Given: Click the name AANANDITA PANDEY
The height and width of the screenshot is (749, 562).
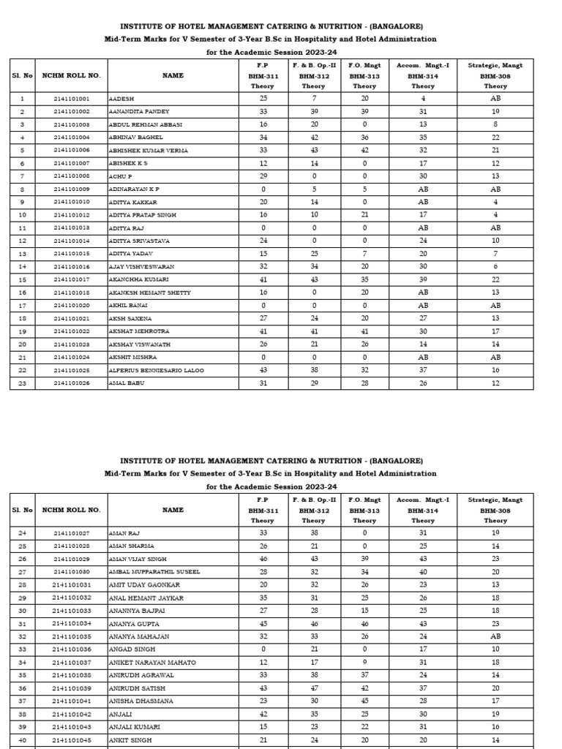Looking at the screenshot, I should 139,111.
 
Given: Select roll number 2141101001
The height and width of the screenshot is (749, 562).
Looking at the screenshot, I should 71,98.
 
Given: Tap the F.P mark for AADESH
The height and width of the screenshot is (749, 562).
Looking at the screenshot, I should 263,98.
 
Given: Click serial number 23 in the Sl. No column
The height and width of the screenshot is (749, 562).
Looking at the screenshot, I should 22,383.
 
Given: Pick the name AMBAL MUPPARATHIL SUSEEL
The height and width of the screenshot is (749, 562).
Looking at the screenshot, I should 154,571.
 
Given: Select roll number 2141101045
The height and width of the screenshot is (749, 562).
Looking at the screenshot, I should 71,739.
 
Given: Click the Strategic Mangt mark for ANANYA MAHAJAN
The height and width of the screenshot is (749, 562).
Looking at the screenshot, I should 495,636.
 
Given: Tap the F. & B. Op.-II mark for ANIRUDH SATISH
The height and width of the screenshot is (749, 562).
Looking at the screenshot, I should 313,688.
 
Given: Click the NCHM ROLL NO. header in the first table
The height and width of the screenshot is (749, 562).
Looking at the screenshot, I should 71,75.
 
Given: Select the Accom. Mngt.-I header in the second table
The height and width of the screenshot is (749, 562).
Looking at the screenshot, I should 423,500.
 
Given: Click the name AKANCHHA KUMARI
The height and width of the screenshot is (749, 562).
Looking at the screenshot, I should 138,279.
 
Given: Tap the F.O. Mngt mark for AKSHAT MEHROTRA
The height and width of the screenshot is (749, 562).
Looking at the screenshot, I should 365,331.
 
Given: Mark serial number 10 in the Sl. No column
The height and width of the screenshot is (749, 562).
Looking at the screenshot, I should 22,215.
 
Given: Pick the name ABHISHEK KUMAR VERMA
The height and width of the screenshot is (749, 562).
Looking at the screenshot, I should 148,150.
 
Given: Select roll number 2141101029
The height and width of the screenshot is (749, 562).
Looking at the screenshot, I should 71,558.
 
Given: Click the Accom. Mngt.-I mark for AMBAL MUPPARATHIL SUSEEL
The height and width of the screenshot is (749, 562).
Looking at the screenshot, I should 423,571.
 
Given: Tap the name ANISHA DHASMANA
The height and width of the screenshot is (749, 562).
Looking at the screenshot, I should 140,701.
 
